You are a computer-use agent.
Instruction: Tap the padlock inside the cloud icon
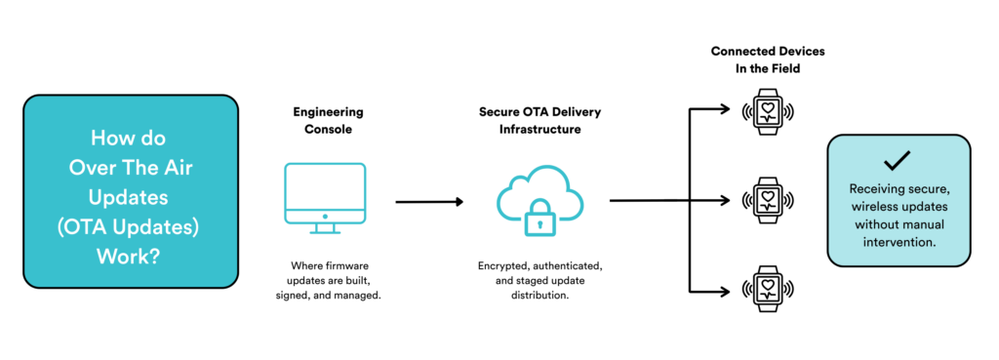click(538, 220)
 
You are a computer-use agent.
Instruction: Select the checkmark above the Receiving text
click(899, 162)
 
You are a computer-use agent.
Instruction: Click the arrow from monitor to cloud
click(428, 202)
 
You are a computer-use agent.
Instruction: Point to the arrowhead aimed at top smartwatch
click(725, 109)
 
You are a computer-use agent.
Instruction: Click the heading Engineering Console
click(325, 119)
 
